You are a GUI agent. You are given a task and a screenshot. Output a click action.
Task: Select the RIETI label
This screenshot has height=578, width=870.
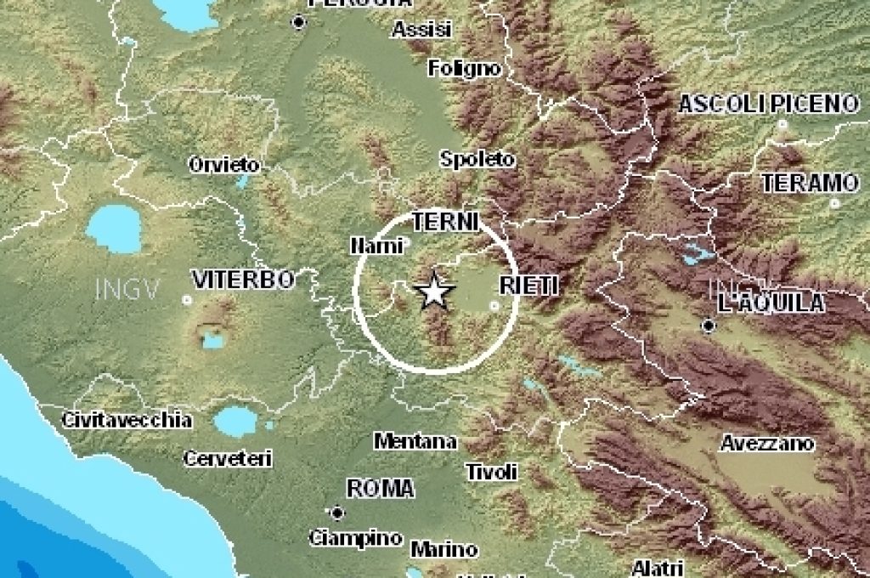[x=528, y=286]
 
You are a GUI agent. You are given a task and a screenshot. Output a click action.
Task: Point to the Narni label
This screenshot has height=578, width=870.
[x=370, y=246]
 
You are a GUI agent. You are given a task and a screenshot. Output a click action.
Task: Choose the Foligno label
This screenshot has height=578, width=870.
[x=465, y=68]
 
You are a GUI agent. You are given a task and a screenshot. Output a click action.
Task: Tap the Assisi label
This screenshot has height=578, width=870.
[x=421, y=30]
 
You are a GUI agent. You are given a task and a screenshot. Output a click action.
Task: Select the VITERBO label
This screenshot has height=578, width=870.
[x=242, y=279]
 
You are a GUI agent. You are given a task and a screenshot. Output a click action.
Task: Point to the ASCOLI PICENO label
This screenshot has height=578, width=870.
[x=768, y=104]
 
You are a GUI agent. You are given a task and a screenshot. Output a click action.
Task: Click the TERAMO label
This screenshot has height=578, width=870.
[x=810, y=183]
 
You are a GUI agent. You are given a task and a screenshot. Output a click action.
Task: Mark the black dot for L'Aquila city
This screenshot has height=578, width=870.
[x=708, y=326]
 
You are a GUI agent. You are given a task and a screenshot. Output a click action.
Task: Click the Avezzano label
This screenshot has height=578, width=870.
[x=767, y=443]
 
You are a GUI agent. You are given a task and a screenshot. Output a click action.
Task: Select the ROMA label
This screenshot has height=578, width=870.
[x=381, y=488]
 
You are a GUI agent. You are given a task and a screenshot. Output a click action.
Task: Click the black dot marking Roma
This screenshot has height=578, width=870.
[x=337, y=513]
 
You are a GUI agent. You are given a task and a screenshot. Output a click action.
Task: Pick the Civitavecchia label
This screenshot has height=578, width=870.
[x=127, y=420]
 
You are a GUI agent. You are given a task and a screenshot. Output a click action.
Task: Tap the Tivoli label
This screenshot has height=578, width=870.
[x=492, y=471]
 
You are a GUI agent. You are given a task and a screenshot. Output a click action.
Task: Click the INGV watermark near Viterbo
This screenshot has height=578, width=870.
[x=127, y=289]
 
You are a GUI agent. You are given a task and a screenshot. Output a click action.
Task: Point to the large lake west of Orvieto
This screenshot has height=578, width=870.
[x=113, y=228]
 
